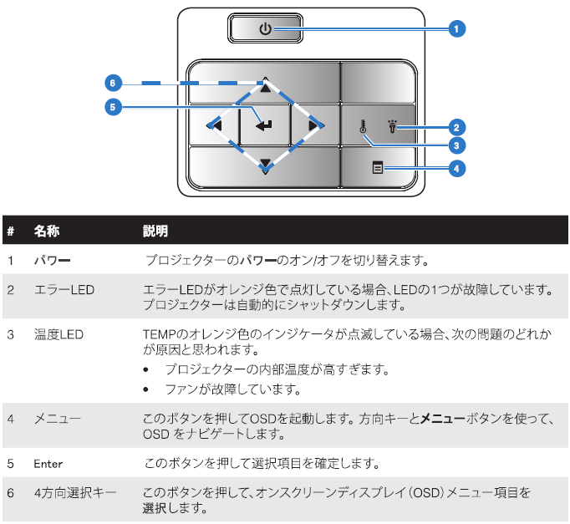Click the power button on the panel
tap(265, 29)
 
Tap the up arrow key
tap(265, 87)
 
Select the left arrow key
tap(215, 125)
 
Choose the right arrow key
tap(314, 125)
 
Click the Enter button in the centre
tap(265, 125)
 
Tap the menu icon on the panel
tap(378, 168)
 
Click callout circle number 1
tap(456, 29)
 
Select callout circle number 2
tap(456, 128)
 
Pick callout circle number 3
tap(456, 145)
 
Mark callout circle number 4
tap(456, 169)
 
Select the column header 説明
tap(155, 230)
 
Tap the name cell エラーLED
tap(64, 290)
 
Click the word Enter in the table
tap(48, 463)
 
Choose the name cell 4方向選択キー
tap(75, 493)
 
